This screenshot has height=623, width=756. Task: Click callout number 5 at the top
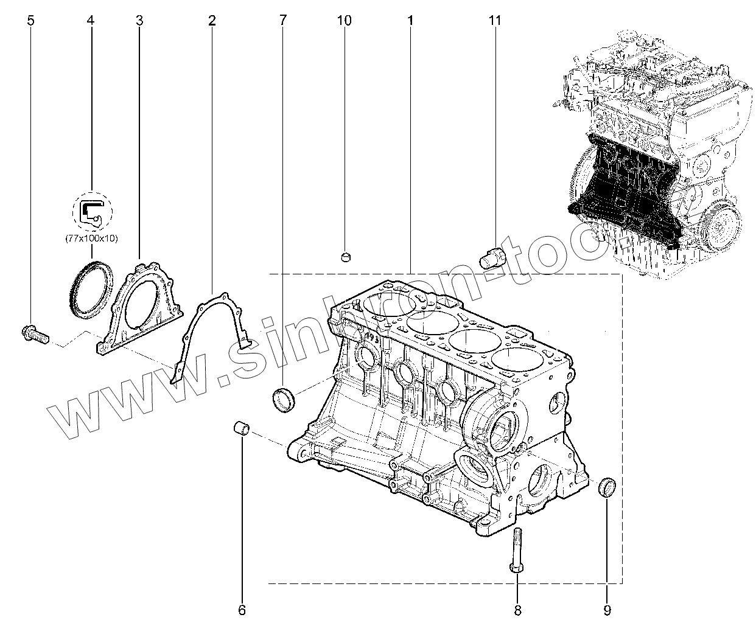coord(31,21)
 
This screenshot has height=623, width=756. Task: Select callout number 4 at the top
coord(91,21)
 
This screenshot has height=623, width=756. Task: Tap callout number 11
coord(495,21)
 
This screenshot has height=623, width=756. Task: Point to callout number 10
coord(344,21)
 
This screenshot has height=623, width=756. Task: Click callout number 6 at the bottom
coord(241,609)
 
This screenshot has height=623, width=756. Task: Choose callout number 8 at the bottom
coord(517,609)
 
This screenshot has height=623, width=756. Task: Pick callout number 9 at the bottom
coord(607,609)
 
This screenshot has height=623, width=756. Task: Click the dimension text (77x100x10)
coord(91,238)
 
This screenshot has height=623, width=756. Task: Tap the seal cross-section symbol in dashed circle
coord(91,211)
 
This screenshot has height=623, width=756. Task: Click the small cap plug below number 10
coord(345,256)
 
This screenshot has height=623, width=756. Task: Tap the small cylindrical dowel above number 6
coord(242,428)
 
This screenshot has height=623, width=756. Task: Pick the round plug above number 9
coord(607,487)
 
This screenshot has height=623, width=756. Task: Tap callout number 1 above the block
coord(411,21)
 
